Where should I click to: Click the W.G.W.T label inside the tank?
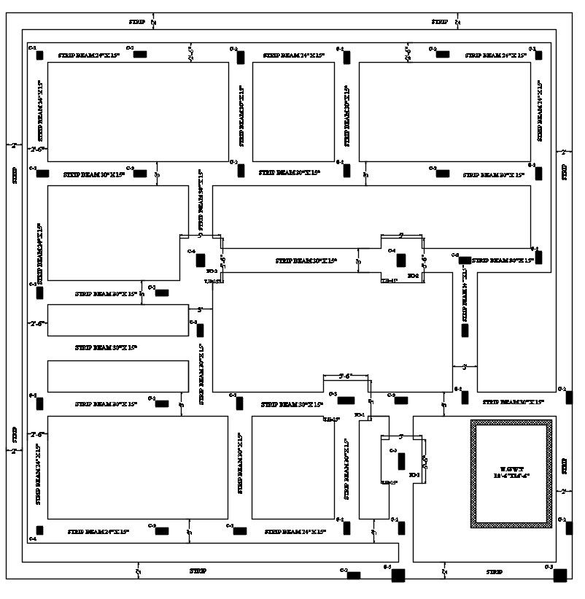510,468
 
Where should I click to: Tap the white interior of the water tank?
510,496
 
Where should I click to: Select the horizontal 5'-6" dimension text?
346,376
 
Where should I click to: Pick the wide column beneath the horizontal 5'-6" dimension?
346,401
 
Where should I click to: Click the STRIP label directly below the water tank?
495,571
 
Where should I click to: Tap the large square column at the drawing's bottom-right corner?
560,576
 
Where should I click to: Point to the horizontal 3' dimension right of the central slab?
464,366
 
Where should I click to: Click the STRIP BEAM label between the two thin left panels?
106,348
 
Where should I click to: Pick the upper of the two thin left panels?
117,320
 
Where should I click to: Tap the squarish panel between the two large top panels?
293,112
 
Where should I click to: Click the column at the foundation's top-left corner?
40,55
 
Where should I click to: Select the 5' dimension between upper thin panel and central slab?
194,309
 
